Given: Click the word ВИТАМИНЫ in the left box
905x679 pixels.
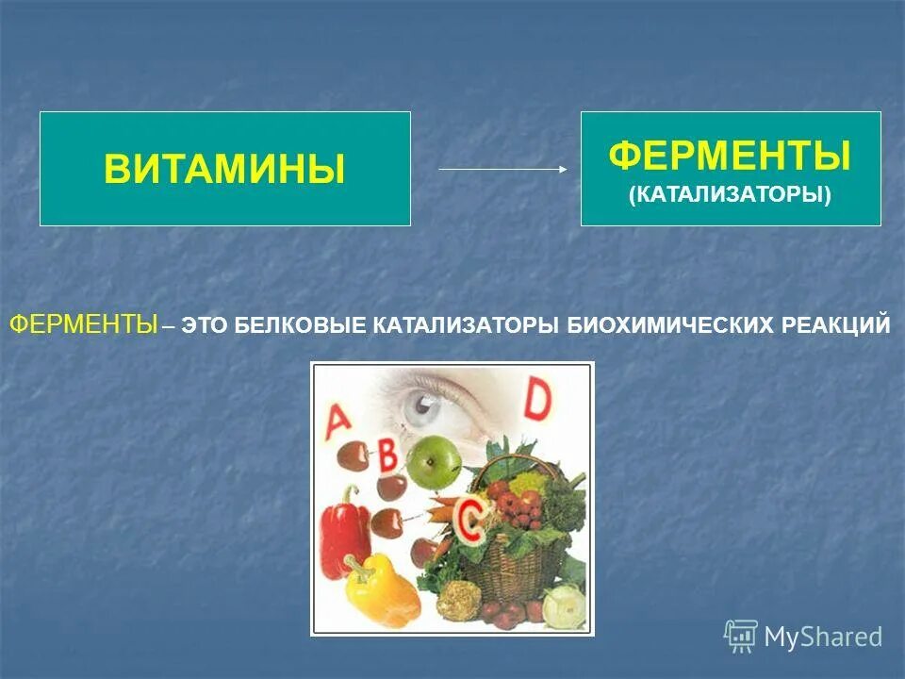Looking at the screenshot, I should click(x=224, y=170).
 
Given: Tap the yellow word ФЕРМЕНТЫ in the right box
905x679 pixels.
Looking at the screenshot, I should click(x=730, y=156).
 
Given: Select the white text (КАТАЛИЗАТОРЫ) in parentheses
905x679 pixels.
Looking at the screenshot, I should click(x=730, y=195).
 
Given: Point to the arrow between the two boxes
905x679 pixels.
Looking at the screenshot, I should click(x=502, y=170).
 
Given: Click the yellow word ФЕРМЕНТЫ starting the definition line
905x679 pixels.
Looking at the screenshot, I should click(x=83, y=325).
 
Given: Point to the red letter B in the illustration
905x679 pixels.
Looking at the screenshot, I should click(x=387, y=457).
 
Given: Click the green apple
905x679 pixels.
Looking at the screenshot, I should click(x=429, y=459).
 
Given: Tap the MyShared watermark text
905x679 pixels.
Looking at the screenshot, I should click(x=823, y=637).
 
